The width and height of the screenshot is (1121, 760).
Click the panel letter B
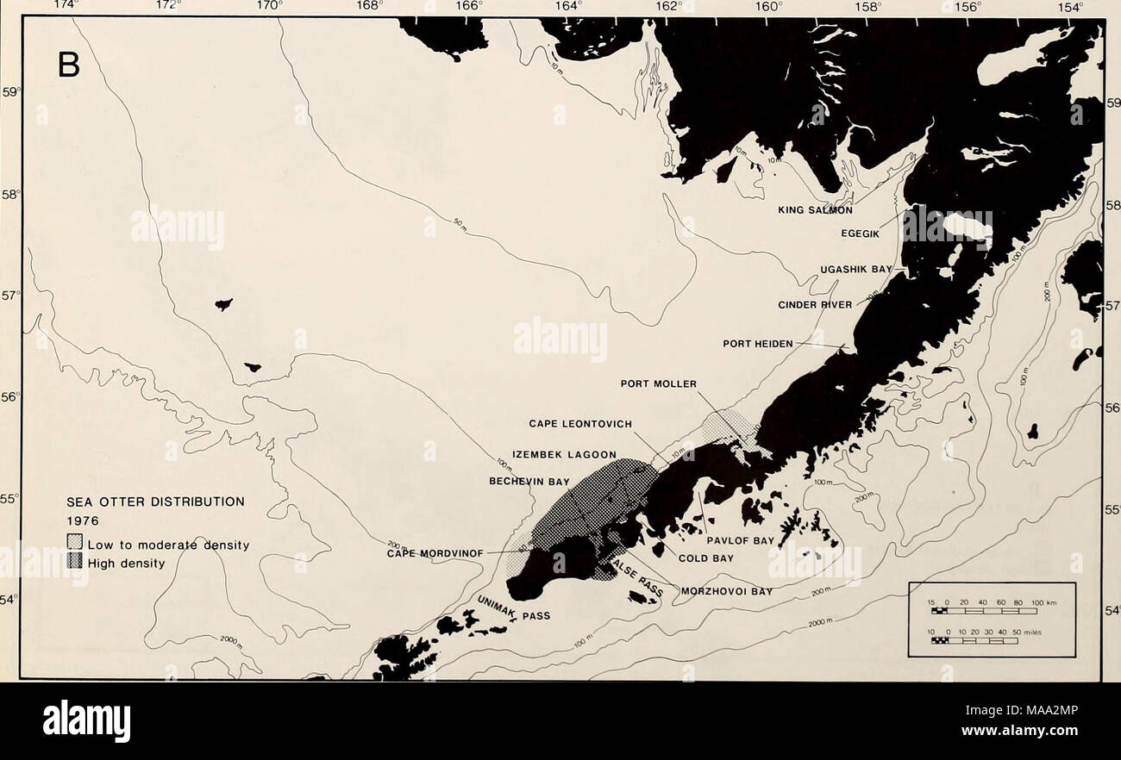(x=68, y=63)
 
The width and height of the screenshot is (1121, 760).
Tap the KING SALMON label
(x=815, y=209)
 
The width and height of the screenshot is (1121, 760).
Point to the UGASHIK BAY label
(x=857, y=269)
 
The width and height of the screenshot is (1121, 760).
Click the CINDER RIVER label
(x=815, y=304)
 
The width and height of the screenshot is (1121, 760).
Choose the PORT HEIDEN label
(x=757, y=343)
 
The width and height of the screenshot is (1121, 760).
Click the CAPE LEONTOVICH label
(x=580, y=423)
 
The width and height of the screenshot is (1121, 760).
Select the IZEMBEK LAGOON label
(x=564, y=454)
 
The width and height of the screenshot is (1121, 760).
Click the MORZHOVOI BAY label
(x=726, y=591)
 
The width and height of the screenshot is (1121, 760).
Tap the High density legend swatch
(x=75, y=563)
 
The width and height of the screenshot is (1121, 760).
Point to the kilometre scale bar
(x=982, y=611)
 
